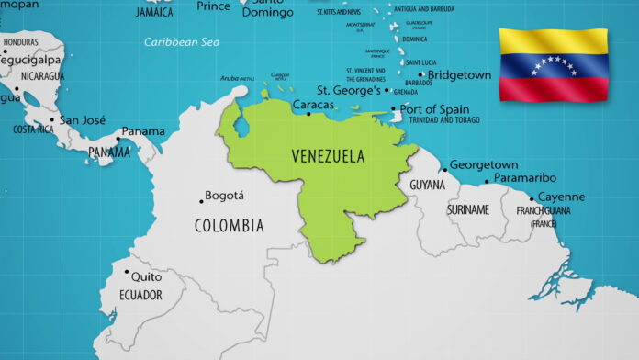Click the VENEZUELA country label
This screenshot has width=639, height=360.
pyautogui.click(x=328, y=155)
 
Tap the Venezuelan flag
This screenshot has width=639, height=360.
pyautogui.click(x=554, y=64)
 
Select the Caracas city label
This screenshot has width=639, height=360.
pyautogui.click(x=313, y=107)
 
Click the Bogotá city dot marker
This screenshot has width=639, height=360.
pyautogui.click(x=202, y=201)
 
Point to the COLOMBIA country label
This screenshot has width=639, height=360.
pyautogui.click(x=229, y=225)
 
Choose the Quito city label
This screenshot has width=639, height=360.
pyautogui.click(x=146, y=276)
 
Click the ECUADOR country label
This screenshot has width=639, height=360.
pyautogui.click(x=140, y=295)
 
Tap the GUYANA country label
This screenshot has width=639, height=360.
pyautogui.click(x=427, y=185)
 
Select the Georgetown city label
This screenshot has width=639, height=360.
pyautogui.click(x=484, y=164)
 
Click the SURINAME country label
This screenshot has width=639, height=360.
pyautogui.click(x=467, y=209)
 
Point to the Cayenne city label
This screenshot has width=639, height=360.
pyautogui.click(x=560, y=197)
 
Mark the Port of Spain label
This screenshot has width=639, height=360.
pyautogui.click(x=434, y=109)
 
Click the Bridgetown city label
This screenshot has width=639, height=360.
pyautogui.click(x=458, y=75)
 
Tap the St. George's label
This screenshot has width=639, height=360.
pyautogui.click(x=349, y=91)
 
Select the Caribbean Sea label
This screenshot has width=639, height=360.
pyautogui.click(x=182, y=41)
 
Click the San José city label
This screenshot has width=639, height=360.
pyautogui.click(x=83, y=119)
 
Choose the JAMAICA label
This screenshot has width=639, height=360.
pyautogui.click(x=154, y=12)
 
